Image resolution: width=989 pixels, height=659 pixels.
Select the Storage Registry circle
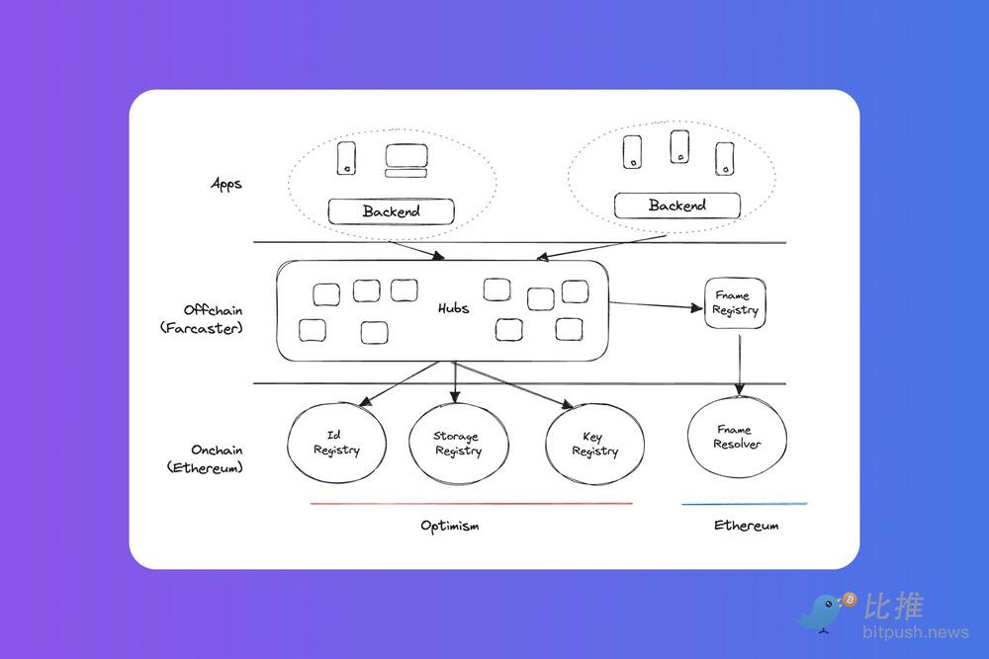457,444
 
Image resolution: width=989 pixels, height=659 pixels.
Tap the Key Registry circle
594,444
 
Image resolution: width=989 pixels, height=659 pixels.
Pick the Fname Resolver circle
737,438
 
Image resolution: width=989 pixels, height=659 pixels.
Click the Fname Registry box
736,302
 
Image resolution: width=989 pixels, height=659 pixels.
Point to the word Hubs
453,308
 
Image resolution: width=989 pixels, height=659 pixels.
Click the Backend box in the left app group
391,210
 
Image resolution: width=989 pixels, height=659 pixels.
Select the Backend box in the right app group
676,206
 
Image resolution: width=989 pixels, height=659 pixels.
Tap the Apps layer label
226,184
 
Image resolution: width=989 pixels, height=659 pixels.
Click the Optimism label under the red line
450,526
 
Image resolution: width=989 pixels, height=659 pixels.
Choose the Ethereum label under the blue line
746,526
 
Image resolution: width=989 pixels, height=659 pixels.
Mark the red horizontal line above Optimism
471,504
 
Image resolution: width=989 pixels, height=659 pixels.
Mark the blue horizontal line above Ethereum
744,504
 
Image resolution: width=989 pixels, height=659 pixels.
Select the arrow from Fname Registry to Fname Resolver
738,361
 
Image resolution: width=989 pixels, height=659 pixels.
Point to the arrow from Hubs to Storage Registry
454,380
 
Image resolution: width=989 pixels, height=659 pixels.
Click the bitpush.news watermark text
900,631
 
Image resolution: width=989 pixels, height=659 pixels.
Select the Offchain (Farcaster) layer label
201,318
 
